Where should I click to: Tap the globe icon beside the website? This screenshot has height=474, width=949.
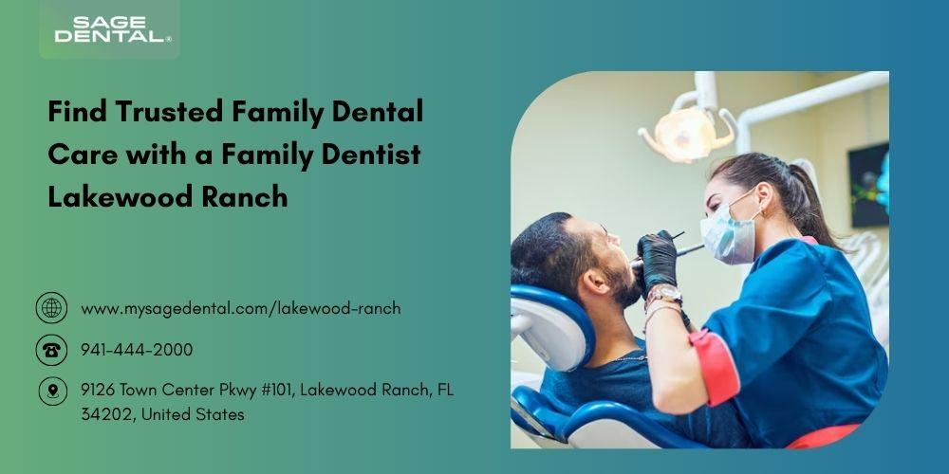[x=51, y=308]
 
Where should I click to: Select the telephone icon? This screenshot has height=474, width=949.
[x=51, y=350]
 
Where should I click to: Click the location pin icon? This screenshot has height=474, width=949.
[x=52, y=392]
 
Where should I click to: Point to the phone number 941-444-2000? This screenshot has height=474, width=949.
[x=137, y=350]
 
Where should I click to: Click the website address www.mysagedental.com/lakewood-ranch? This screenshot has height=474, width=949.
[x=241, y=308]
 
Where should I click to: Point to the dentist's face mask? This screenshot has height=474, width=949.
[x=729, y=233]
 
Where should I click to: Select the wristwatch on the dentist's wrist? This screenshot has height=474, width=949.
[x=663, y=295]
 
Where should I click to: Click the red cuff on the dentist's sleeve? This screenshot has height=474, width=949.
[x=716, y=367]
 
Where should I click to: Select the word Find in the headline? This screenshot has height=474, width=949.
[x=77, y=112]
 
